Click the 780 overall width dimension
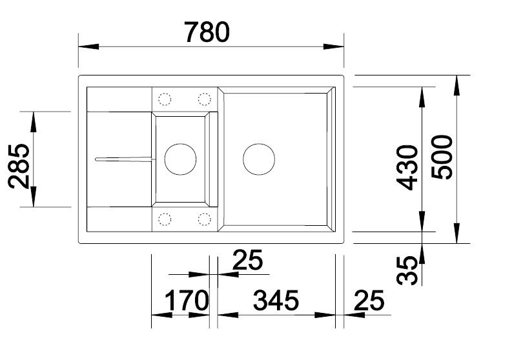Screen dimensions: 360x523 pyautogui.click(x=207, y=32)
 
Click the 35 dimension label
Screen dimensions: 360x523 pyautogui.click(x=407, y=271)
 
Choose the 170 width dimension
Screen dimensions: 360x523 pyautogui.click(x=187, y=301)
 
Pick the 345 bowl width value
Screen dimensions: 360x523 pyautogui.click(x=276, y=301)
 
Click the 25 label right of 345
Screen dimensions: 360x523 pyautogui.click(x=369, y=301)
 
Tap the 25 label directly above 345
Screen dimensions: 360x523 pyautogui.click(x=247, y=261)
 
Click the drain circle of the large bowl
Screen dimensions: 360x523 pyautogui.click(x=259, y=158)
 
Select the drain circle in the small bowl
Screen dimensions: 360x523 pyautogui.click(x=179, y=158)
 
